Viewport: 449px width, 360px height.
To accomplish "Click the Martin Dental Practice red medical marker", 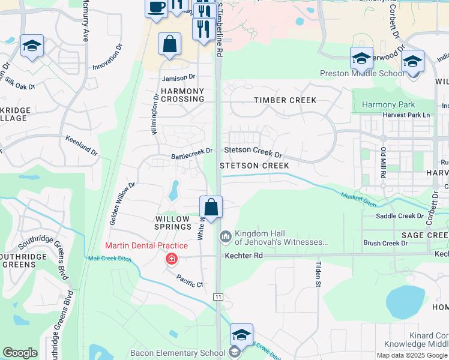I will [x=172, y=259].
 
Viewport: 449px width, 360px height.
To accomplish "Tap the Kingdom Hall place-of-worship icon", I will [x=226, y=237].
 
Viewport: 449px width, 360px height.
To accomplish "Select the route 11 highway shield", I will [x=218, y=297].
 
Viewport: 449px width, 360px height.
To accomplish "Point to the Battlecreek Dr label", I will [x=192, y=154].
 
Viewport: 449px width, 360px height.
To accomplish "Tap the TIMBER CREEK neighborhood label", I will [x=285, y=100].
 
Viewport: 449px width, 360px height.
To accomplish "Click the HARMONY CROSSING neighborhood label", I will [x=182, y=95].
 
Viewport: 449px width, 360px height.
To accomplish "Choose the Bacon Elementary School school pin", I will [x=241, y=335].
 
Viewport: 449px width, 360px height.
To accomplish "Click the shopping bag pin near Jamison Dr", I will [x=170, y=44].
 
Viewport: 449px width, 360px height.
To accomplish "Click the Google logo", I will [x=20, y=353].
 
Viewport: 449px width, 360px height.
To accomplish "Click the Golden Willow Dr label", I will [x=122, y=204].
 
